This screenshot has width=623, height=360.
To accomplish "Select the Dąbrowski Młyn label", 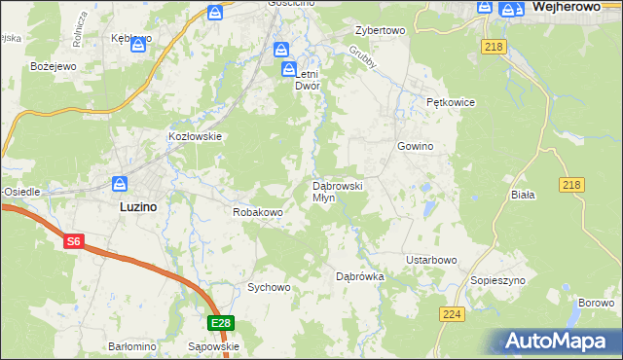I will (338, 191).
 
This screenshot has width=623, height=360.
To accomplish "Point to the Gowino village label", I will (415, 146).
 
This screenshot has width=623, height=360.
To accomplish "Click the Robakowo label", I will (257, 211).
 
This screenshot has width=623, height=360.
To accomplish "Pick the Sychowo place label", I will (269, 287).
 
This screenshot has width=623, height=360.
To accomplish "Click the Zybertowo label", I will (380, 30).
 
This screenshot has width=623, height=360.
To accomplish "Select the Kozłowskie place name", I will (196, 137).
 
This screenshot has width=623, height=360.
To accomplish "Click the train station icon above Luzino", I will (120, 183).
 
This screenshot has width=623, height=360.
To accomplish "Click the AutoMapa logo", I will (561, 341).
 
